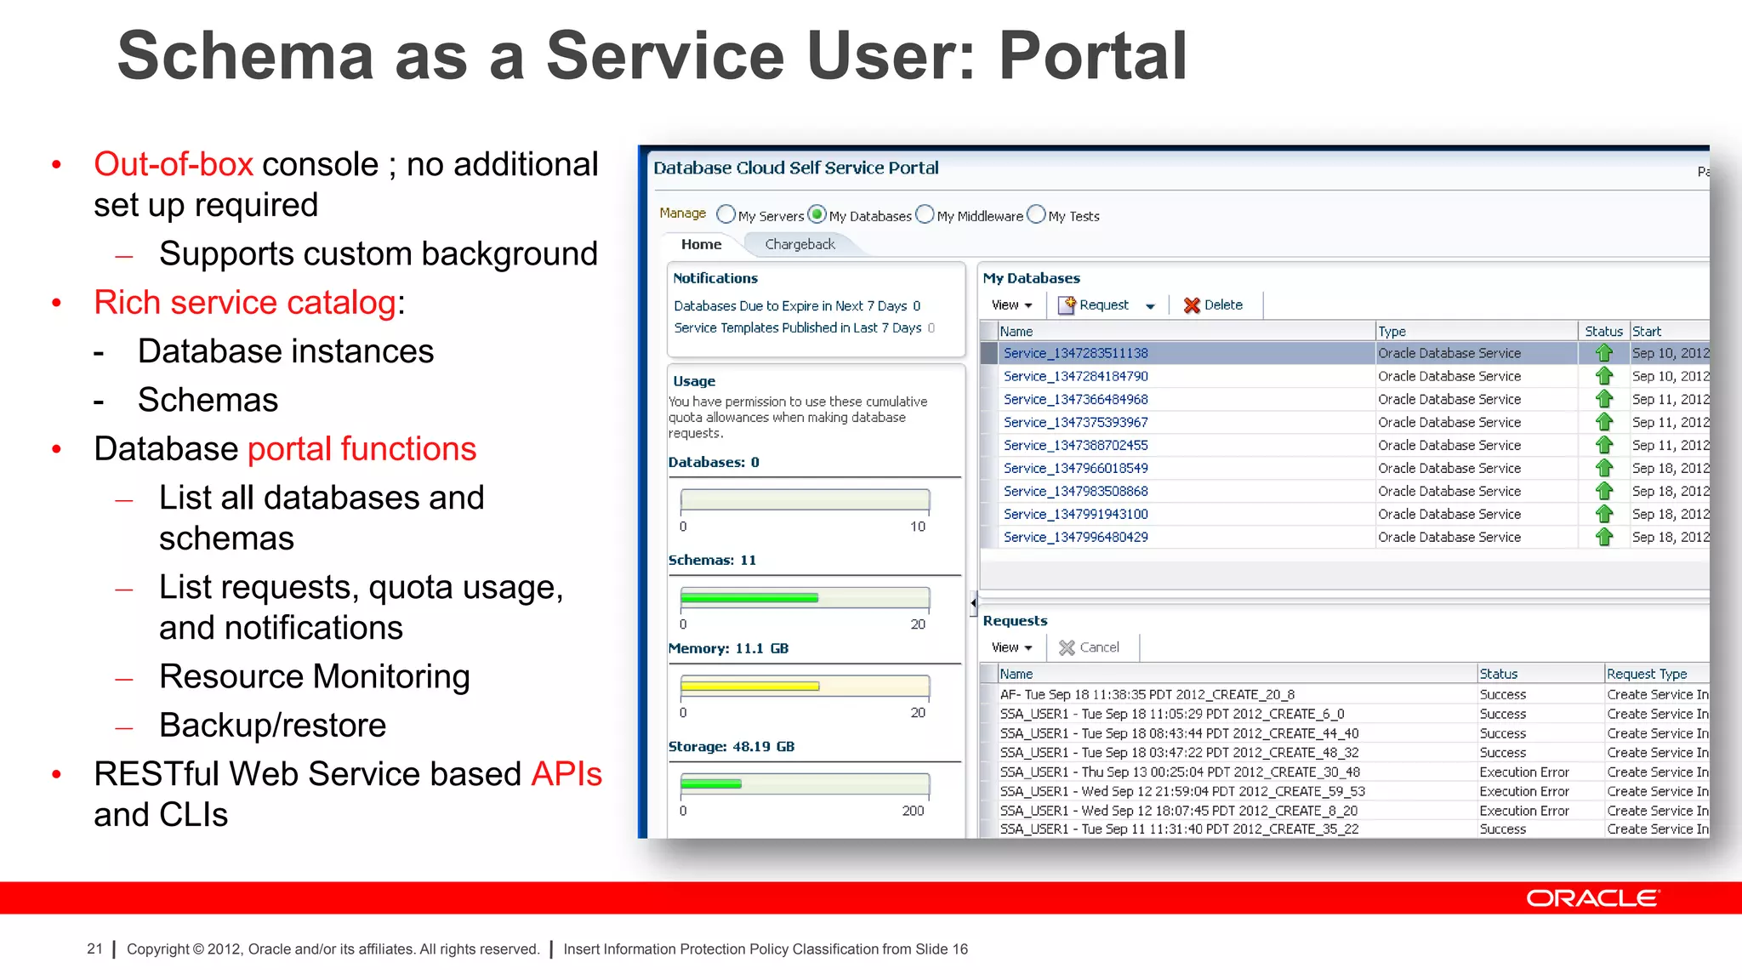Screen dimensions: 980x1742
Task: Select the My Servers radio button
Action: [726, 214]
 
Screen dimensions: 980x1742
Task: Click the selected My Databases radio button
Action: [817, 214]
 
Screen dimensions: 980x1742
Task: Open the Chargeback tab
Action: [800, 245]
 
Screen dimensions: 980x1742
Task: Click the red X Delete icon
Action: [1192, 305]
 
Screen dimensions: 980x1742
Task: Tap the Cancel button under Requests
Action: [1089, 647]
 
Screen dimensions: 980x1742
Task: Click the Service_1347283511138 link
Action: [1075, 353]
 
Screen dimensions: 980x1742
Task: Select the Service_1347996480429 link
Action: [1075, 538]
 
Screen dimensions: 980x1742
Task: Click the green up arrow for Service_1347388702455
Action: [1604, 445]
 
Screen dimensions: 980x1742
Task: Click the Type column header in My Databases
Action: [1392, 332]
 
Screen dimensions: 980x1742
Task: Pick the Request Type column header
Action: [1647, 674]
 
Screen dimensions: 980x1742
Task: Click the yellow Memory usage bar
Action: [749, 687]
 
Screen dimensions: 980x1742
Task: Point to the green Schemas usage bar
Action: [749, 598]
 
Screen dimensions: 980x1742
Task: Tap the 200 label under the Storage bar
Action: [913, 812]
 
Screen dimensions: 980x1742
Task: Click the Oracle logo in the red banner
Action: [1592, 898]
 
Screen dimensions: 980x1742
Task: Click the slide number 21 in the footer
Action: [94, 949]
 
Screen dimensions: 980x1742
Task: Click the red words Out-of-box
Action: [174, 164]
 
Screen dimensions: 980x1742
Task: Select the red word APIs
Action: [566, 774]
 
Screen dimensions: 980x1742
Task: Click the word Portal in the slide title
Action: [1092, 56]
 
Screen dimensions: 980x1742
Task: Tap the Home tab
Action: [701, 245]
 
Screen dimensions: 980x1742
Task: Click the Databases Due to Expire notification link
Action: [790, 306]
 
